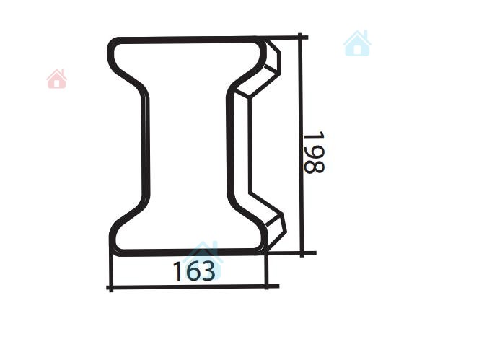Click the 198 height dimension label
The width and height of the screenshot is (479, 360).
[314, 152]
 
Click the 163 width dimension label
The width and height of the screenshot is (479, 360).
[194, 271]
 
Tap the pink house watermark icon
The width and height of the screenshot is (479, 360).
[57, 79]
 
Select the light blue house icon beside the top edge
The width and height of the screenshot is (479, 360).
[357, 43]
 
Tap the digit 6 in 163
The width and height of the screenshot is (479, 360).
[194, 271]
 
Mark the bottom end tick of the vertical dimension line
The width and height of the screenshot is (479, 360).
[302, 253]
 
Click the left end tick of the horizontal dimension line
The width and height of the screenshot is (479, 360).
[111, 288]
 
